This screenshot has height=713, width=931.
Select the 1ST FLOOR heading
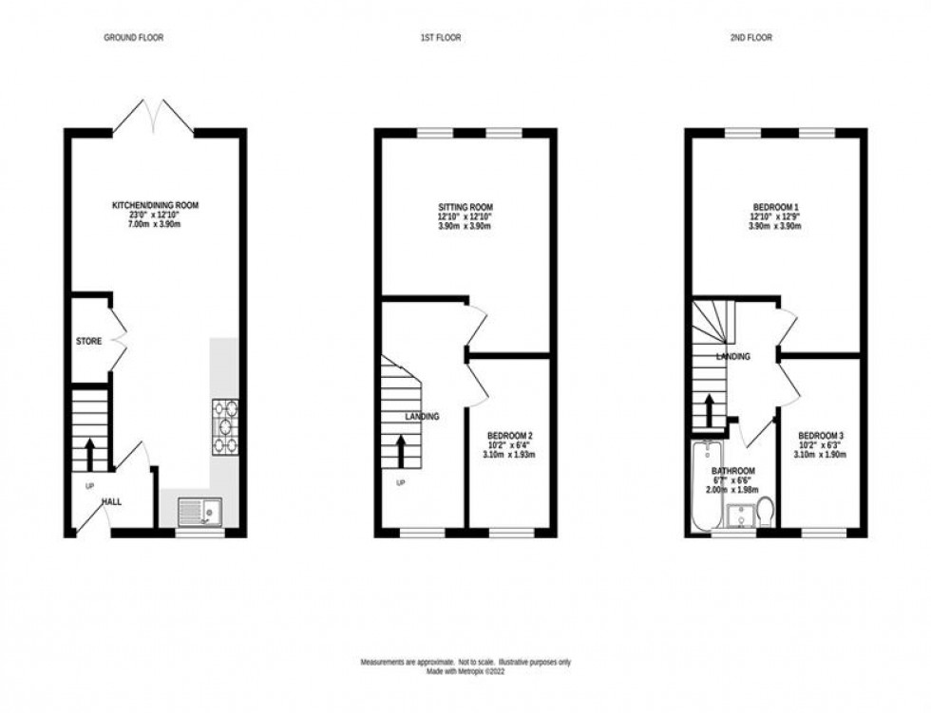438,38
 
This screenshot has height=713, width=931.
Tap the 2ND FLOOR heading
750,38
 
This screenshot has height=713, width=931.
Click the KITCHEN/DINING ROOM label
156,205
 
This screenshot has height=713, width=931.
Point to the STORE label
89,340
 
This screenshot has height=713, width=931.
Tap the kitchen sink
199,514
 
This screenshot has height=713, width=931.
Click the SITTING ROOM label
465,207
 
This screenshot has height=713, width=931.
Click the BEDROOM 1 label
776,207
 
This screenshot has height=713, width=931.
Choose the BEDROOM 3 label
822,436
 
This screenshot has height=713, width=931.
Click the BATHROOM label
734,472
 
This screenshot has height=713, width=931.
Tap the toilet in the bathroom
766,513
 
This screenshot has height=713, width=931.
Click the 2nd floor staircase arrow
708,411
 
